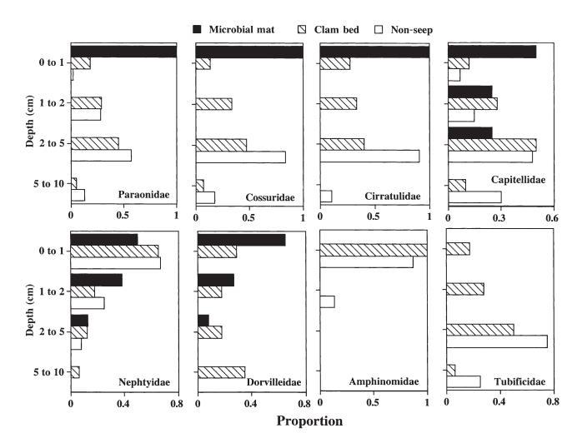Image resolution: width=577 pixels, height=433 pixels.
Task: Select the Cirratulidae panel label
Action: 394,197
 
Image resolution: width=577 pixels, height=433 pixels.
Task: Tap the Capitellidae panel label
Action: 518,197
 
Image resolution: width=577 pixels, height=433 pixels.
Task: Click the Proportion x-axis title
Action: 309,421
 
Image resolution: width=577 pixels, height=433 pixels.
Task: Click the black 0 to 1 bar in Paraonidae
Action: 123,52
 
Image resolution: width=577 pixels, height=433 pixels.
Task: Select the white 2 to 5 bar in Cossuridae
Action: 241,157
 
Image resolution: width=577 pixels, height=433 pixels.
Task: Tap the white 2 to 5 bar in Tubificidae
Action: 497,341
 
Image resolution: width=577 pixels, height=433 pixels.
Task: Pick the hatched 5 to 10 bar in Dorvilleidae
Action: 222,371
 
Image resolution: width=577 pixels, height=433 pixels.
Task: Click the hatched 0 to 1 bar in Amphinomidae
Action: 374,250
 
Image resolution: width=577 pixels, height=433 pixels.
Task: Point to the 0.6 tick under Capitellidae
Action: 551,218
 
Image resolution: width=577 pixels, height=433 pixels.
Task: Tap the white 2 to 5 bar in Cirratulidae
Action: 369,156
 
